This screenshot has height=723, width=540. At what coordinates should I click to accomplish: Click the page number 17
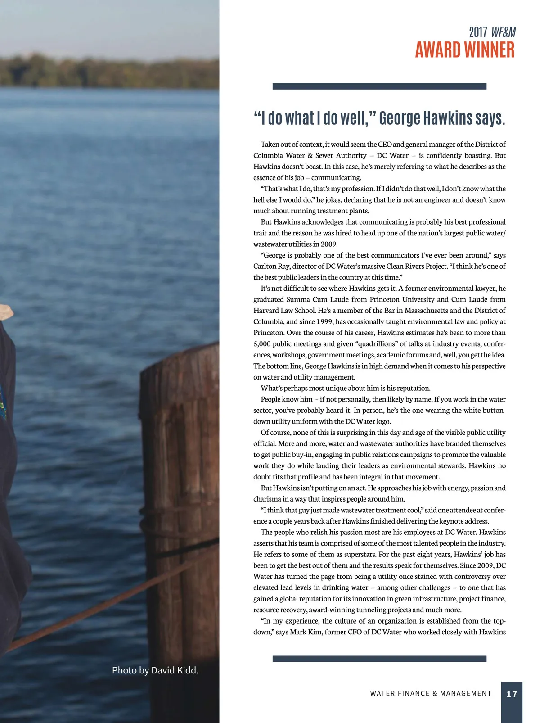(x=512, y=694)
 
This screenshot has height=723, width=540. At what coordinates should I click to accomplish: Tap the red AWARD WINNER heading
(x=464, y=50)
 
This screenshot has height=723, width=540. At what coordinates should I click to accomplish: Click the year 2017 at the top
(x=478, y=32)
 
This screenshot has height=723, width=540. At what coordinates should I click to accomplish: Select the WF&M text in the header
(x=503, y=32)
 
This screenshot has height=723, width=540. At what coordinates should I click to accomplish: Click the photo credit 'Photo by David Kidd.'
(x=155, y=670)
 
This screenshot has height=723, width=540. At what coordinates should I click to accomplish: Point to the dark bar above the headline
(x=379, y=86)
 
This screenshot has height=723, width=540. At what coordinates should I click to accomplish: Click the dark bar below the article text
(x=379, y=659)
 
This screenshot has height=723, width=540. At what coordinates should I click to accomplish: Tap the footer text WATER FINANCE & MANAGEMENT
(x=431, y=694)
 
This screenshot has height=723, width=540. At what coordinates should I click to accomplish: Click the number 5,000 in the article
(x=262, y=344)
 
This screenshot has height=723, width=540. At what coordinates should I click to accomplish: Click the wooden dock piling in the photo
(x=180, y=495)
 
